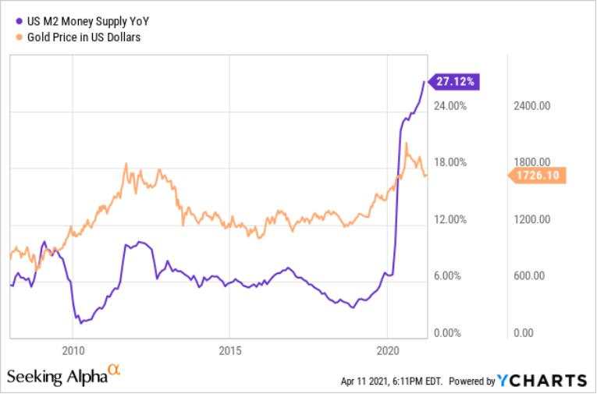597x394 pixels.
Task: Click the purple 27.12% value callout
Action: click(x=454, y=81)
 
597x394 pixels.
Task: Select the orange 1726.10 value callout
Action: click(x=537, y=175)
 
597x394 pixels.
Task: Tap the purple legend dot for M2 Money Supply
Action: click(x=20, y=21)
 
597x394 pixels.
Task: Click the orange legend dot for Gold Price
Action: click(x=20, y=37)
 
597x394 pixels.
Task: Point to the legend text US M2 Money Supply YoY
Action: click(x=88, y=21)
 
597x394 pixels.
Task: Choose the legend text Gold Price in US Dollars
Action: click(x=84, y=37)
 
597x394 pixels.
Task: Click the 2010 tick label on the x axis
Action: click(x=73, y=350)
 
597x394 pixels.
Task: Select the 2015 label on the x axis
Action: click(x=230, y=350)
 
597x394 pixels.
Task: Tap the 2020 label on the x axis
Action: click(x=388, y=350)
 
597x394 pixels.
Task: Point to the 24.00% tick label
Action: click(x=450, y=106)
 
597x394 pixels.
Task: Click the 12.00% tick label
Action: click(x=450, y=219)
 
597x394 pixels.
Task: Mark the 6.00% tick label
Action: click(x=447, y=275)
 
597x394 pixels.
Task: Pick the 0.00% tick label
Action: click(x=447, y=333)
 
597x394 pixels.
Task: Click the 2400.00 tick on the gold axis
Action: click(x=531, y=106)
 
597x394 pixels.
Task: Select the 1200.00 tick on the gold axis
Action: click(x=531, y=219)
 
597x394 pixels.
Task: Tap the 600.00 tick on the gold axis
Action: click(x=529, y=275)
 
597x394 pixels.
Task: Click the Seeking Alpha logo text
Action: click(x=63, y=375)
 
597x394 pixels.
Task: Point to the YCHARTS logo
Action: click(x=542, y=380)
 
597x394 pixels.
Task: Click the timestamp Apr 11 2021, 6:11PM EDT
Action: click(x=392, y=381)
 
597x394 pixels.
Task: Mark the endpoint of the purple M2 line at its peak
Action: click(x=425, y=81)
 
